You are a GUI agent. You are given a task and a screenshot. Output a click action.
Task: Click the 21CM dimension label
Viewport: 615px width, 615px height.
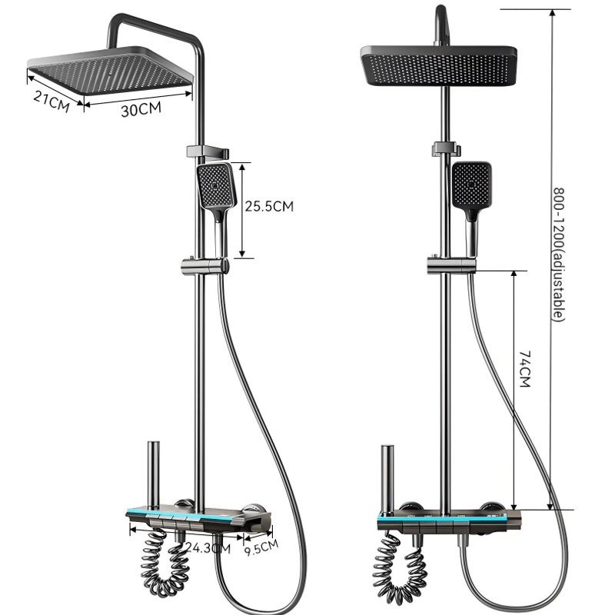click(x=52, y=101)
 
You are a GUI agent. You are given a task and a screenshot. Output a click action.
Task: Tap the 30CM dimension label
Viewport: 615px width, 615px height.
click(x=141, y=109)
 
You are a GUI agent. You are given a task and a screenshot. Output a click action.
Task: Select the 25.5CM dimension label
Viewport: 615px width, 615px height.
click(x=269, y=206)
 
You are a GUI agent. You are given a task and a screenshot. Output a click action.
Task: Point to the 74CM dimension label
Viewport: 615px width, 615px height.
click(x=525, y=369)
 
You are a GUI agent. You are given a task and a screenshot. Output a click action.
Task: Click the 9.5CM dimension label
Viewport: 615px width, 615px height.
click(x=261, y=547)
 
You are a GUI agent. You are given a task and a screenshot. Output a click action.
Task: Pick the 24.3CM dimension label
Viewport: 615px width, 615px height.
click(x=208, y=547)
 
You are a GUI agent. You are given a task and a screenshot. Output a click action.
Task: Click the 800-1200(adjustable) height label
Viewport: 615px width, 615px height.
click(x=559, y=254)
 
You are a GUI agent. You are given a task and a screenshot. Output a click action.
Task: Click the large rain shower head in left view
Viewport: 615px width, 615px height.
click(x=110, y=71)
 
